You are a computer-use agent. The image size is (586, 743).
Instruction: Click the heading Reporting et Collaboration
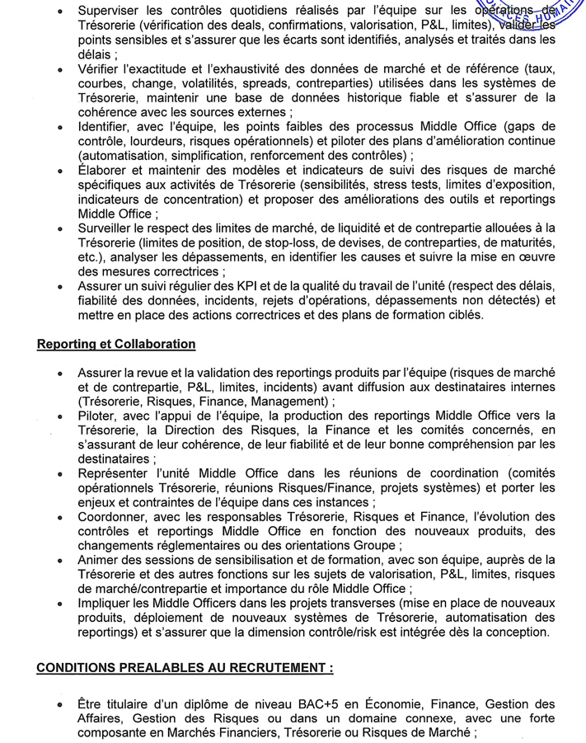[116, 344]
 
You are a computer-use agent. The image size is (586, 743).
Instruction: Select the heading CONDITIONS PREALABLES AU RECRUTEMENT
[185, 668]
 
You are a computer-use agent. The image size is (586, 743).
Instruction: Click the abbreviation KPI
[239, 285]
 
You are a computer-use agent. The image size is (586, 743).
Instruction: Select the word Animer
[98, 560]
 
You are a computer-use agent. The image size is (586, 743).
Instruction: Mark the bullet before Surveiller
[60, 228]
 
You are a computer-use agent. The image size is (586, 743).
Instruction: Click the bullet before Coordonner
[60, 517]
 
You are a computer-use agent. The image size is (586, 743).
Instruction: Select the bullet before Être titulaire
[60, 705]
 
